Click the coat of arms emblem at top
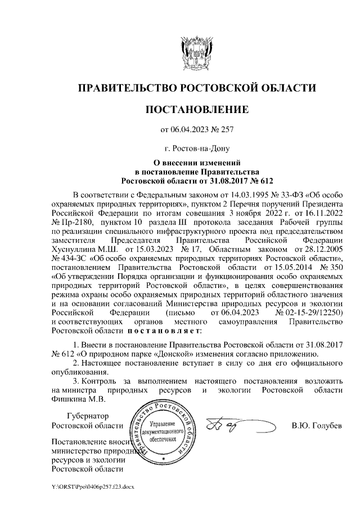196,51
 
